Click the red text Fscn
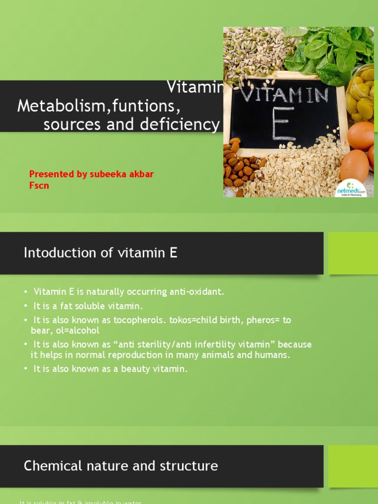(x=39, y=186)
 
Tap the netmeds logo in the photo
(x=350, y=189)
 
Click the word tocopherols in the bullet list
(x=140, y=320)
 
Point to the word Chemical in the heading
(x=50, y=466)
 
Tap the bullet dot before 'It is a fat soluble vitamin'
(x=26, y=306)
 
